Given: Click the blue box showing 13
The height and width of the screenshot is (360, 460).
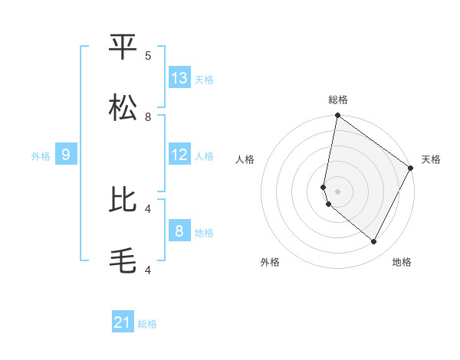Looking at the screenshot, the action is click(179, 78).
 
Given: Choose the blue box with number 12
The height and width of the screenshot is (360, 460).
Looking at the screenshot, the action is click(179, 155).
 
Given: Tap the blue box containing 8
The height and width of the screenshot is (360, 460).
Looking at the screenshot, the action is click(179, 231).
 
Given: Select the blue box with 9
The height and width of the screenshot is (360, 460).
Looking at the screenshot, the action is click(67, 155).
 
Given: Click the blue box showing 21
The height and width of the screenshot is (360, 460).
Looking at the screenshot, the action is click(123, 322).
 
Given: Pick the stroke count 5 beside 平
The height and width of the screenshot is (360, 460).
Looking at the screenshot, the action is click(148, 55).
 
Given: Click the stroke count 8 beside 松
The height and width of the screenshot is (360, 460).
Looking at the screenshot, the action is click(148, 116).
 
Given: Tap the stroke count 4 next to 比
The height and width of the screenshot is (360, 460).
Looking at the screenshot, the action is click(148, 208).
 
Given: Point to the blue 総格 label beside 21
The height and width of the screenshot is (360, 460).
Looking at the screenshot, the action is click(147, 324).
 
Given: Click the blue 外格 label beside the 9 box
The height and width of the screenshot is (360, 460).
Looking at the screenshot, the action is click(41, 156).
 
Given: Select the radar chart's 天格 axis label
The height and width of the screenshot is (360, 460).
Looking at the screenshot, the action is click(431, 159).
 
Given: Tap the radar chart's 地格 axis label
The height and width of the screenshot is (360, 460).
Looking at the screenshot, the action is click(402, 262).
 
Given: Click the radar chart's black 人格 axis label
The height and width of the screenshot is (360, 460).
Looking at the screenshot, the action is click(245, 159).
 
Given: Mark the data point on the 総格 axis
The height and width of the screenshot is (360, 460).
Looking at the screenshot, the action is click(337, 116).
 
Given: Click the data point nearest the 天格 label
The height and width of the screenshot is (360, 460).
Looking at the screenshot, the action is click(411, 169).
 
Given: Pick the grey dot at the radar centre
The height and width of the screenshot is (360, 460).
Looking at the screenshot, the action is click(337, 191).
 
